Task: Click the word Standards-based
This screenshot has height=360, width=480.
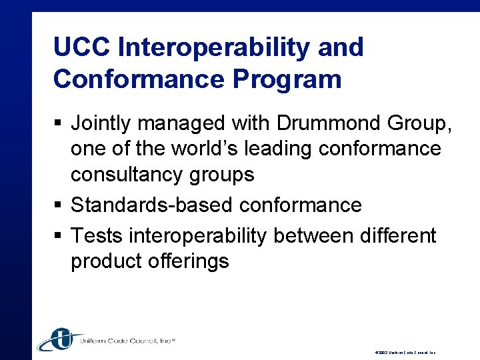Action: coord(152,205)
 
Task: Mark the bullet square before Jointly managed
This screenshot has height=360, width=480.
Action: coord(57,123)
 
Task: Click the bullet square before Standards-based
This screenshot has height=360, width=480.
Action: coord(57,205)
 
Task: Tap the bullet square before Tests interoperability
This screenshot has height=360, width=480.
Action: coord(57,236)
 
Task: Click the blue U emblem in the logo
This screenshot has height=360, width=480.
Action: coord(61,339)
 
